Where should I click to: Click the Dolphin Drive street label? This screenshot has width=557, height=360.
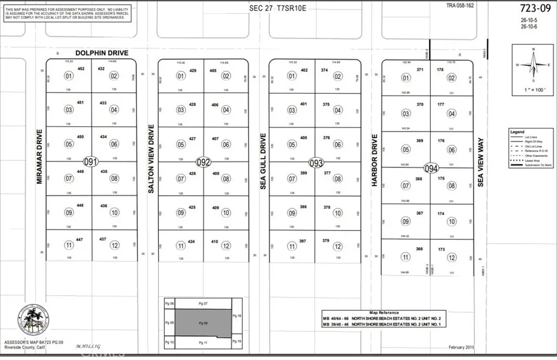click(x=102, y=53)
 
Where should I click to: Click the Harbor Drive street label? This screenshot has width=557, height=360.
click(x=375, y=160)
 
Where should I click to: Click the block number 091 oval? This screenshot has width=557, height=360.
click(x=91, y=162)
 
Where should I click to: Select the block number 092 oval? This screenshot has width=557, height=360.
click(x=203, y=162)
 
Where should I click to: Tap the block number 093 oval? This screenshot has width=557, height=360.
click(x=316, y=163)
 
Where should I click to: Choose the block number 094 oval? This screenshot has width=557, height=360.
click(x=431, y=169)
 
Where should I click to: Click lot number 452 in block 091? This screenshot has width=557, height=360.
click(x=81, y=69)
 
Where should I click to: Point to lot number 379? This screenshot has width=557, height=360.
click(x=326, y=241)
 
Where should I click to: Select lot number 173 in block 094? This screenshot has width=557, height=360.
click(x=441, y=249)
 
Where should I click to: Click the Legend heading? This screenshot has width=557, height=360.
click(x=517, y=132)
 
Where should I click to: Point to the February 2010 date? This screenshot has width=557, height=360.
click(x=462, y=346)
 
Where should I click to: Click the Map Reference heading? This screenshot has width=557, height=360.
click(x=383, y=313)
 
